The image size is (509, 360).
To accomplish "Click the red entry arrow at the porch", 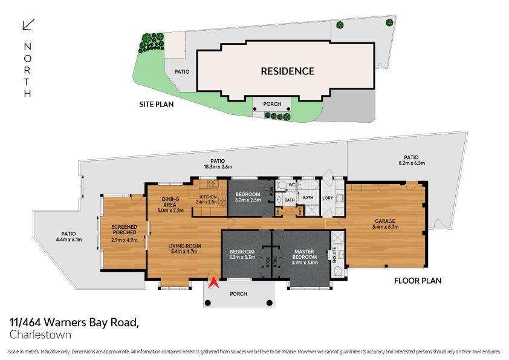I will coord(212,282).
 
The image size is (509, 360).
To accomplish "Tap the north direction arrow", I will coord(28,25).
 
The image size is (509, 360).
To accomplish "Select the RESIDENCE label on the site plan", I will coord(287,71).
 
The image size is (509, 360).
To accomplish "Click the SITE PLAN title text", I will coord(156,104).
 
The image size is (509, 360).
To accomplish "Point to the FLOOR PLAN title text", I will coord(418,280).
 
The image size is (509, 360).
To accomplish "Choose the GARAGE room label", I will coord(387,222).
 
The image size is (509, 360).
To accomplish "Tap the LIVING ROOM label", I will coord(184,246).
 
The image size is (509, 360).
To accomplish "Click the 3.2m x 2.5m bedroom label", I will coord(248,199).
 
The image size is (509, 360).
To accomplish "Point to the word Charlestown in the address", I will coord(41,335).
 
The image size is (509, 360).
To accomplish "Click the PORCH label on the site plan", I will coord(273,104).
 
